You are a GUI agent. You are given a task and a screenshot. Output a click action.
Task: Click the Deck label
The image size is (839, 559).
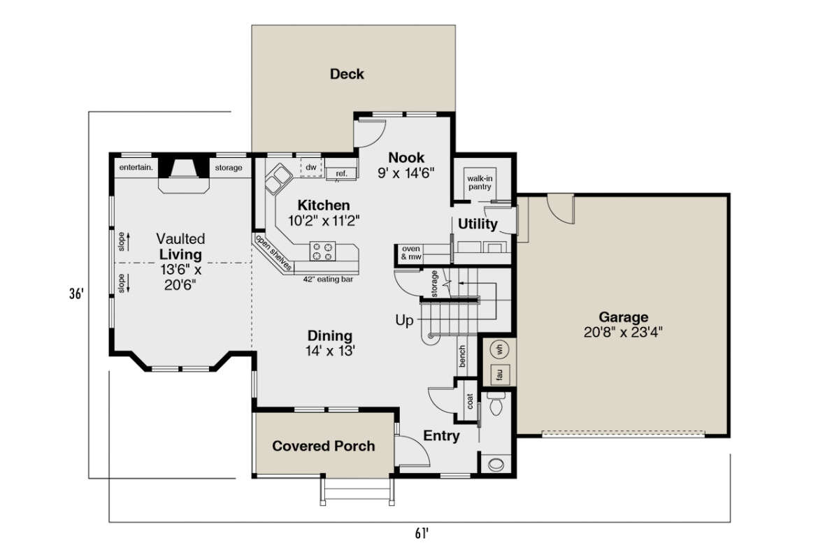(347, 74)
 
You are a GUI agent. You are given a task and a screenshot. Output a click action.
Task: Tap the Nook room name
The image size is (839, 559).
(406, 158)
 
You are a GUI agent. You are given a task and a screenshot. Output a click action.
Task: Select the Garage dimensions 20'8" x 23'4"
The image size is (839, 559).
(623, 332)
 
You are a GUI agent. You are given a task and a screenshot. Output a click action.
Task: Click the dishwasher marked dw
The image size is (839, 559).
(311, 168)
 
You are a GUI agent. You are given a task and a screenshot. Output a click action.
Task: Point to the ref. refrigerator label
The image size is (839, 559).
(341, 174)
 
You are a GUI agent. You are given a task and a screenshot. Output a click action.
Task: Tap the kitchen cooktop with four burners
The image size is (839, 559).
(322, 251)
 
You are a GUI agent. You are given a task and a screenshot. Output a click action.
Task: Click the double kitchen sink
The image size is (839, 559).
(278, 179)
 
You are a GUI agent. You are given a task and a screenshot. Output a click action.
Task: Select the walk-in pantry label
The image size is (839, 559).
(480, 182)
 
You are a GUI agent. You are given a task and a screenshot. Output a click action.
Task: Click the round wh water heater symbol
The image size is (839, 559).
(499, 350)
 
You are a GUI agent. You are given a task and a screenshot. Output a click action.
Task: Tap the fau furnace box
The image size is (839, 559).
(500, 375)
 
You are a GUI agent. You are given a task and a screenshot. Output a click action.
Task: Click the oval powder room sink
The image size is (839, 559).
(496, 465)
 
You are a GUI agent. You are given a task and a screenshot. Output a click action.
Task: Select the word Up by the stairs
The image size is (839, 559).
(404, 321)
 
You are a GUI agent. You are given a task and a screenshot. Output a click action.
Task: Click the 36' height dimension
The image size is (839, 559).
(76, 293)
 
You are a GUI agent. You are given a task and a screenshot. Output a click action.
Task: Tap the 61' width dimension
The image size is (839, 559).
(422, 533)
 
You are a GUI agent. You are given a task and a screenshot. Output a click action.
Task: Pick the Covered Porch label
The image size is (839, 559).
(324, 446)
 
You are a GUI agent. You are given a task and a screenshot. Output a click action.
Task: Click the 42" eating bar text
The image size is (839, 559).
(328, 279)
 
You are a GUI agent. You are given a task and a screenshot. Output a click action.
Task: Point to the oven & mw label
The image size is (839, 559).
(411, 253)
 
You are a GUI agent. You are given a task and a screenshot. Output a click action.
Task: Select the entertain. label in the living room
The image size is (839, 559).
(136, 168)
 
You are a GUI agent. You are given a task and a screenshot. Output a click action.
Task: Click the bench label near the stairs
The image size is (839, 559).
(462, 356)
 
